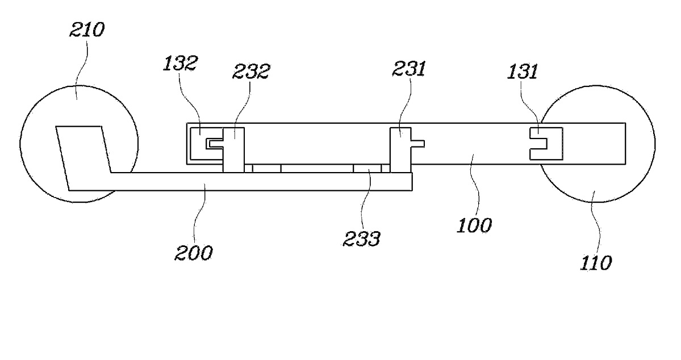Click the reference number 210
(87, 30)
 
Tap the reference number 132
(180, 64)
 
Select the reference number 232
(250, 71)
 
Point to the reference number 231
(409, 69)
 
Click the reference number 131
(523, 71)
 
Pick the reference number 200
(194, 253)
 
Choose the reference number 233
(361, 238)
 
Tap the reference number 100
(474, 225)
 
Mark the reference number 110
(596, 263)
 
